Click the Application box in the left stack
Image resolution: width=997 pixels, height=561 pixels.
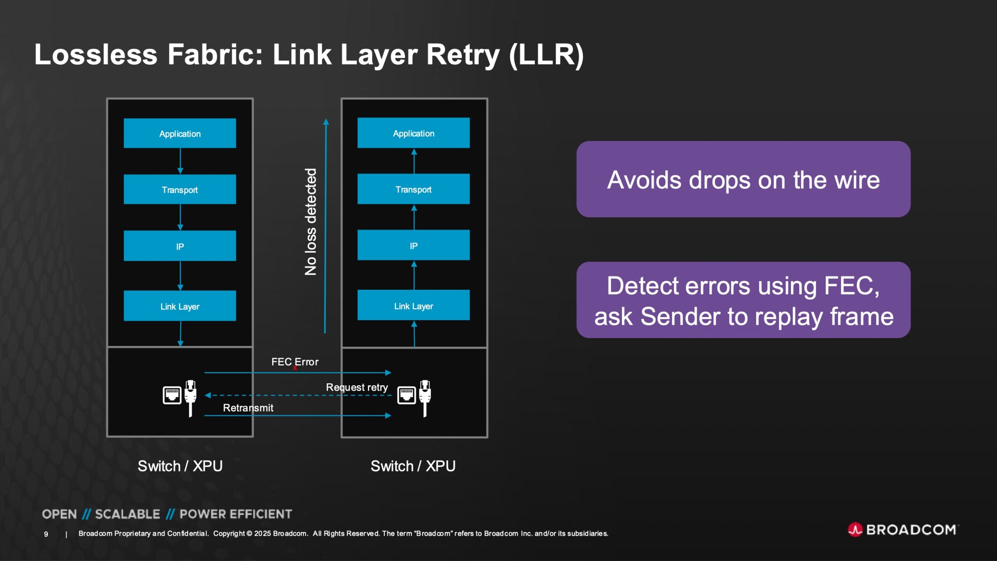180,133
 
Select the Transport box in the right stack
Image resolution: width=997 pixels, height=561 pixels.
413,189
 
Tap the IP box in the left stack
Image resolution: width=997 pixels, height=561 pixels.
180,246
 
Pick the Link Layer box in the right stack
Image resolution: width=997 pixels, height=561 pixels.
413,305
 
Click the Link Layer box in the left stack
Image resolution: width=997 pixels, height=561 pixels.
180,306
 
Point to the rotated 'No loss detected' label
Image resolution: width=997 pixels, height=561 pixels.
310,222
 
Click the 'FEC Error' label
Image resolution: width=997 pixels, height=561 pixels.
294,362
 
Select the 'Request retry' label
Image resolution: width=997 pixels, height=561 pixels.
357,387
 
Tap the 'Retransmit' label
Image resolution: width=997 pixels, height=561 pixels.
248,408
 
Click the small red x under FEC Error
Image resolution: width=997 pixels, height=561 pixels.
295,368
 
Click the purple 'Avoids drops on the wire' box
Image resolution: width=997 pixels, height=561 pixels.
743,179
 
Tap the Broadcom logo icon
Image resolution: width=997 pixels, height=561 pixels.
855,529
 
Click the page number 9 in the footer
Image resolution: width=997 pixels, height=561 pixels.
46,534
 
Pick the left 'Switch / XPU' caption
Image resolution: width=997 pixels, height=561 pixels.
180,466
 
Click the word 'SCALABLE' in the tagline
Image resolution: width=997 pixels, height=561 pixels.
127,514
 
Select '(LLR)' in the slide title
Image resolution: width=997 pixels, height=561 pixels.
546,55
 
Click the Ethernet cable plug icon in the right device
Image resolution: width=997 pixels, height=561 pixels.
425,397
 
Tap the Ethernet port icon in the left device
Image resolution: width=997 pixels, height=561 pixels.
172,395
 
